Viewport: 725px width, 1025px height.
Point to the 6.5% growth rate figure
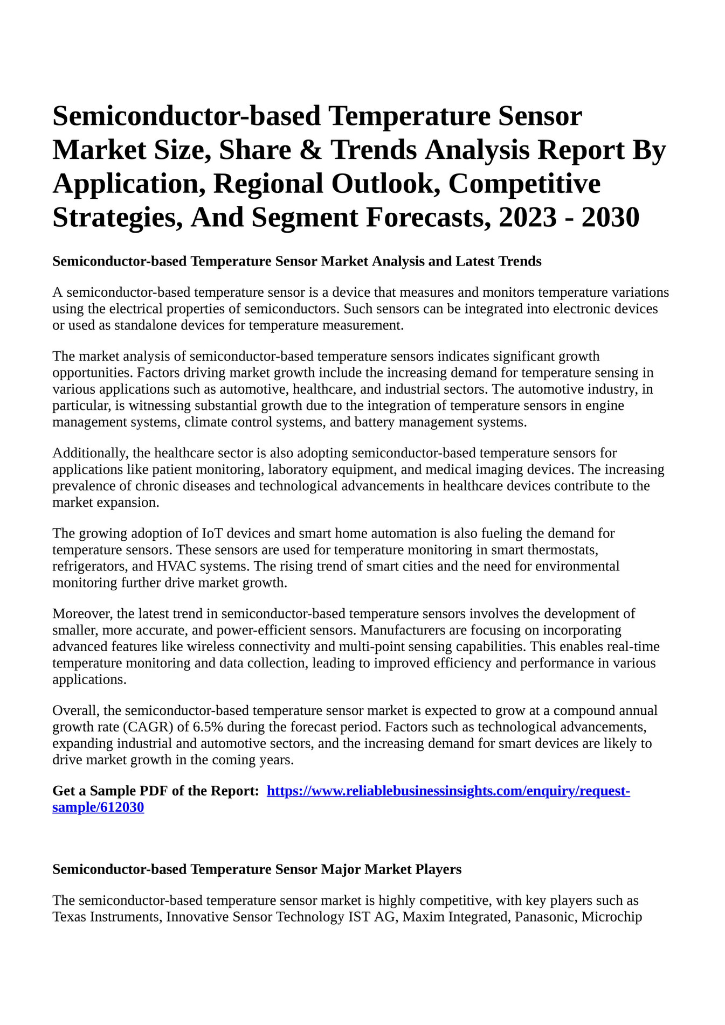point(208,727)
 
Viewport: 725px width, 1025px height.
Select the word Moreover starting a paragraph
point(81,613)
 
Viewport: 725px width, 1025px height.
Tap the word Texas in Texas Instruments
point(69,917)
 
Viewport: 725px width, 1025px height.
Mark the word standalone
point(146,325)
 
